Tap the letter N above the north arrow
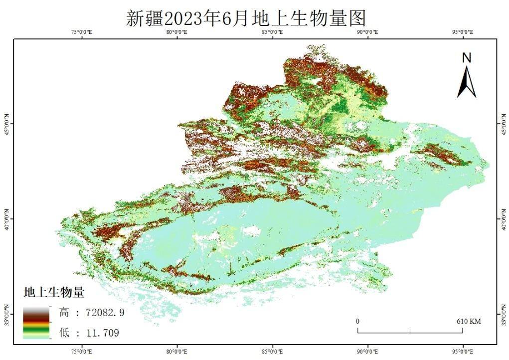tap(467, 58)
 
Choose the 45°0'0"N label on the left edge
tap(6, 124)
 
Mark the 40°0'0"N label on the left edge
tap(6, 218)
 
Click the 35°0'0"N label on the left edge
tap(6, 313)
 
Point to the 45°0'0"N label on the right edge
tap(503, 124)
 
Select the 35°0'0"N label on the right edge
tap(503, 313)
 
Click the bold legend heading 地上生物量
tap(54, 293)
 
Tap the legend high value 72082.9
tap(91, 313)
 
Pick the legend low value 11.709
tap(89, 333)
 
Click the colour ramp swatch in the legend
tap(36, 323)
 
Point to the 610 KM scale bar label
tap(469, 322)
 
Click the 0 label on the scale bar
tap(358, 322)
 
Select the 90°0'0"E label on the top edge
tap(368, 32)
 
